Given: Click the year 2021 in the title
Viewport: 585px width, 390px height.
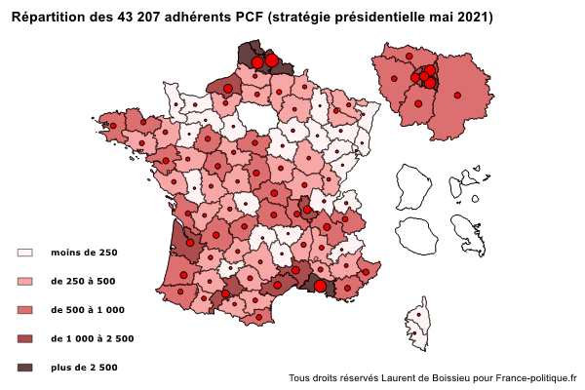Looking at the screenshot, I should point(474,18).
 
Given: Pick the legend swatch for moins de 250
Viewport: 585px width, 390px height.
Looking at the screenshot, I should point(25,253).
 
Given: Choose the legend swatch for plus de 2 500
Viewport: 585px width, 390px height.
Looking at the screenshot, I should point(25,368).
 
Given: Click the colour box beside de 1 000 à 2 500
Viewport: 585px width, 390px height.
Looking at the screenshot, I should point(25,338).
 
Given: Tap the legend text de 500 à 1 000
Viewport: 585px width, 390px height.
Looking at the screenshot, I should point(88,310).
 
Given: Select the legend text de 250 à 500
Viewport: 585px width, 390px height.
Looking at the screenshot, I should point(84,282).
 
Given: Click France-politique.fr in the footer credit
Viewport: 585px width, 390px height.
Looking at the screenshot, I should point(536,377).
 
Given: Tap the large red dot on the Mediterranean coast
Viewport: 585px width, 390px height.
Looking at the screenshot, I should point(320,286).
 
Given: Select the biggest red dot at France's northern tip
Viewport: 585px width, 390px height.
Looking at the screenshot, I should point(272,61).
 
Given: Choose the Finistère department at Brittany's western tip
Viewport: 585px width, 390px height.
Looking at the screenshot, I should point(110,123).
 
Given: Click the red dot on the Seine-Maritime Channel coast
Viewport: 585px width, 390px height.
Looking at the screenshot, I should point(228,88).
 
